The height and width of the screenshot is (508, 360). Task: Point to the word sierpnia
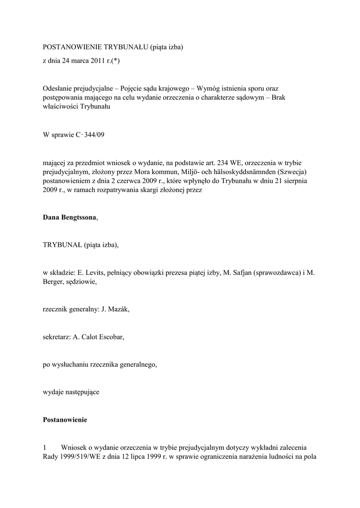pos(293,181)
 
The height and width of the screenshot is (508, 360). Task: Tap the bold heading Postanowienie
pos(65,420)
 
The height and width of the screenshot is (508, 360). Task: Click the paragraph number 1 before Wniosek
pos(45,447)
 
